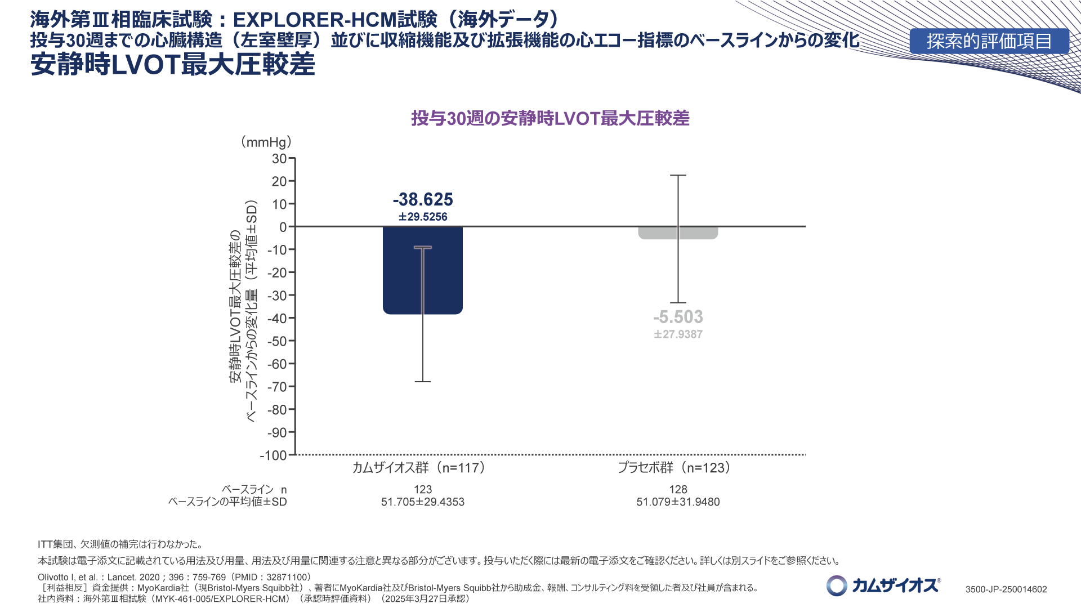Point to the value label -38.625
[x=423, y=199]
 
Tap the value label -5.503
[x=678, y=317]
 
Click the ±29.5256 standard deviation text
[x=423, y=217]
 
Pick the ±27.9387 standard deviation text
[x=678, y=334]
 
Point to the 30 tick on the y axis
[x=279, y=159]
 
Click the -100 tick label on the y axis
[x=274, y=455]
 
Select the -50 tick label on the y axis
[x=276, y=341]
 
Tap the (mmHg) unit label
[x=266, y=142]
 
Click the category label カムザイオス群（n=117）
[x=418, y=468]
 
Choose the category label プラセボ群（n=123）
[x=674, y=468]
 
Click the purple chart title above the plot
[x=550, y=118]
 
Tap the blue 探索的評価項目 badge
[x=989, y=41]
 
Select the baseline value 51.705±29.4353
[x=423, y=502]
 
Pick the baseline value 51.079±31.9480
[x=678, y=502]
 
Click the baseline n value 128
[x=678, y=490]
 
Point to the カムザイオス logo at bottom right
[x=883, y=585]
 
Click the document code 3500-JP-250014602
[x=1006, y=589]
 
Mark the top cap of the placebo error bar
[x=678, y=176]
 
